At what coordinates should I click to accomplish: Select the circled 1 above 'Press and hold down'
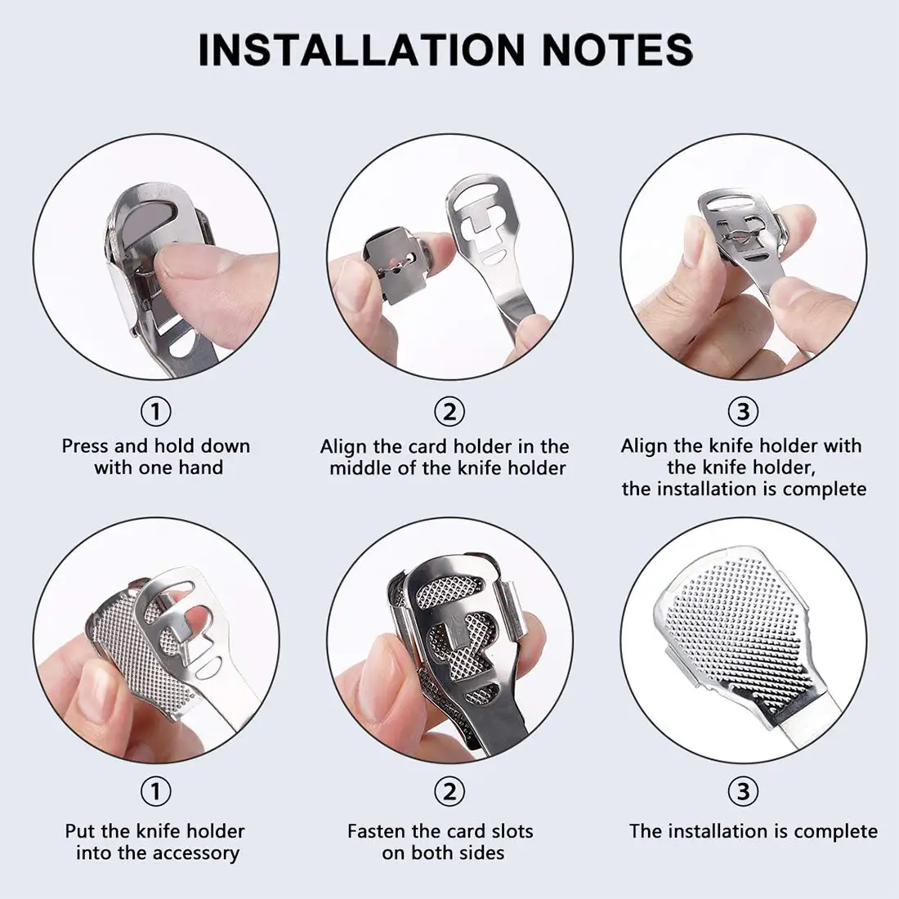tap(155, 411)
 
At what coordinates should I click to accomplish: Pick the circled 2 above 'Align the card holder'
tap(449, 411)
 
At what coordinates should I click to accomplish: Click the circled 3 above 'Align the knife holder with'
tap(743, 411)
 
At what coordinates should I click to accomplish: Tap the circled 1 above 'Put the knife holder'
tap(155, 791)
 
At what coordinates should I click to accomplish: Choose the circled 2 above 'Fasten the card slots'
tap(449, 791)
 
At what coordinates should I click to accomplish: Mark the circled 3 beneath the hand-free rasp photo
tap(743, 791)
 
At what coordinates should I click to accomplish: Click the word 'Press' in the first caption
tap(85, 446)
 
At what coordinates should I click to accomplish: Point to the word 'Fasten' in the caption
tap(377, 831)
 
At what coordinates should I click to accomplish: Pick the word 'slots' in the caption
tap(507, 831)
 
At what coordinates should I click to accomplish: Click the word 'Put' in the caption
tap(80, 831)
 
